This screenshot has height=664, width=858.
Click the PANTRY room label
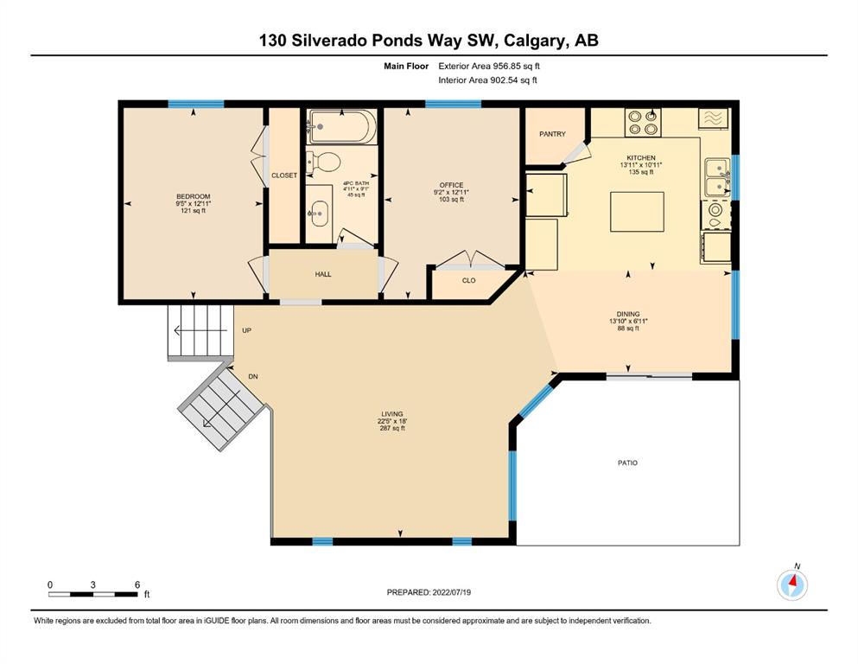(552, 133)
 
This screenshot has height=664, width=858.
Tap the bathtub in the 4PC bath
(342, 127)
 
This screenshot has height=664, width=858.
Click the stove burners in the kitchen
(643, 123)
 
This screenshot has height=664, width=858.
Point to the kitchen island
(638, 211)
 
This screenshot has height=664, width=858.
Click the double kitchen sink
(717, 177)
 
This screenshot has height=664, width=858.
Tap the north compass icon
(792, 584)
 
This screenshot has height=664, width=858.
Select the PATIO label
(627, 463)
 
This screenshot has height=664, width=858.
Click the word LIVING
(392, 414)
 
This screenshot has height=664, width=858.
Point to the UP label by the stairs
(247, 330)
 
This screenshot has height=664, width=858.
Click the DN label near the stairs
(253, 377)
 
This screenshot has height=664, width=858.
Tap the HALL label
(323, 274)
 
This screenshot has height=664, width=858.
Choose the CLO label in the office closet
(469, 280)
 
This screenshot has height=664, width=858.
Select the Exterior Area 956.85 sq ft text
(489, 66)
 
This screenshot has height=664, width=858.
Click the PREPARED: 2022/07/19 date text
(429, 592)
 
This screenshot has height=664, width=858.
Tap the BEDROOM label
(194, 196)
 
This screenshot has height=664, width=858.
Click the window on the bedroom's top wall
(196, 104)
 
